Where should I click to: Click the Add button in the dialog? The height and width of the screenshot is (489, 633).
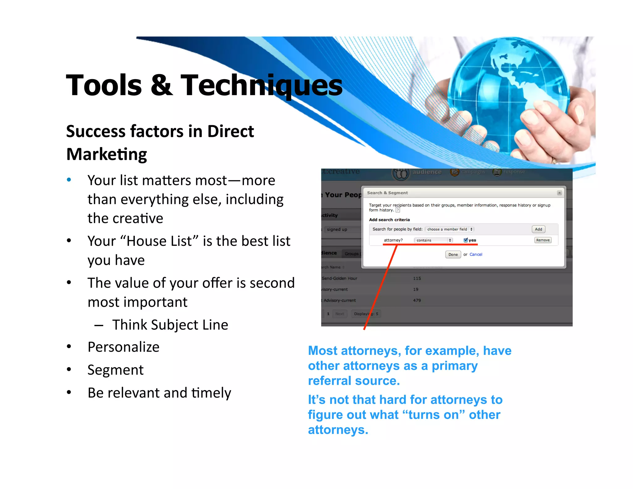point(538,229)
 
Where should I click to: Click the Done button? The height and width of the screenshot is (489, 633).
point(453,254)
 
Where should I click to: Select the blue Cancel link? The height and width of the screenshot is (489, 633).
point(476,254)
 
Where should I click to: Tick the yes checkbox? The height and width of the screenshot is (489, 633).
point(465,240)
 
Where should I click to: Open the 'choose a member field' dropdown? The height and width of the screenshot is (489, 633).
point(450,229)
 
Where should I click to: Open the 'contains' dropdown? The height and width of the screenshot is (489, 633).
point(433,240)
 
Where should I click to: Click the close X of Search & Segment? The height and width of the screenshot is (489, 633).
point(559,193)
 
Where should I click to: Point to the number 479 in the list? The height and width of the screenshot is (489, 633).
point(417,300)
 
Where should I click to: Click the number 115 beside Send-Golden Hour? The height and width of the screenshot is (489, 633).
point(417,278)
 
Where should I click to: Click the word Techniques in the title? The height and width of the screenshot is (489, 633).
point(261,85)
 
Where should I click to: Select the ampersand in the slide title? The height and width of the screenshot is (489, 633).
point(161,85)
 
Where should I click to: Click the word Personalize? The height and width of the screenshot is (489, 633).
point(123,347)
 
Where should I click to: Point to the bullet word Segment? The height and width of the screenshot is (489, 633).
point(115,370)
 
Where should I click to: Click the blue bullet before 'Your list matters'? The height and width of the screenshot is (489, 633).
point(69,180)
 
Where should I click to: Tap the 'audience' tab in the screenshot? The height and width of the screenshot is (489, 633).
point(427,172)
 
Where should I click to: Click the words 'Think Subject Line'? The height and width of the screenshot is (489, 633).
point(170,325)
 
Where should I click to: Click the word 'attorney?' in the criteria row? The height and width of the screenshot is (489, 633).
point(393,240)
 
